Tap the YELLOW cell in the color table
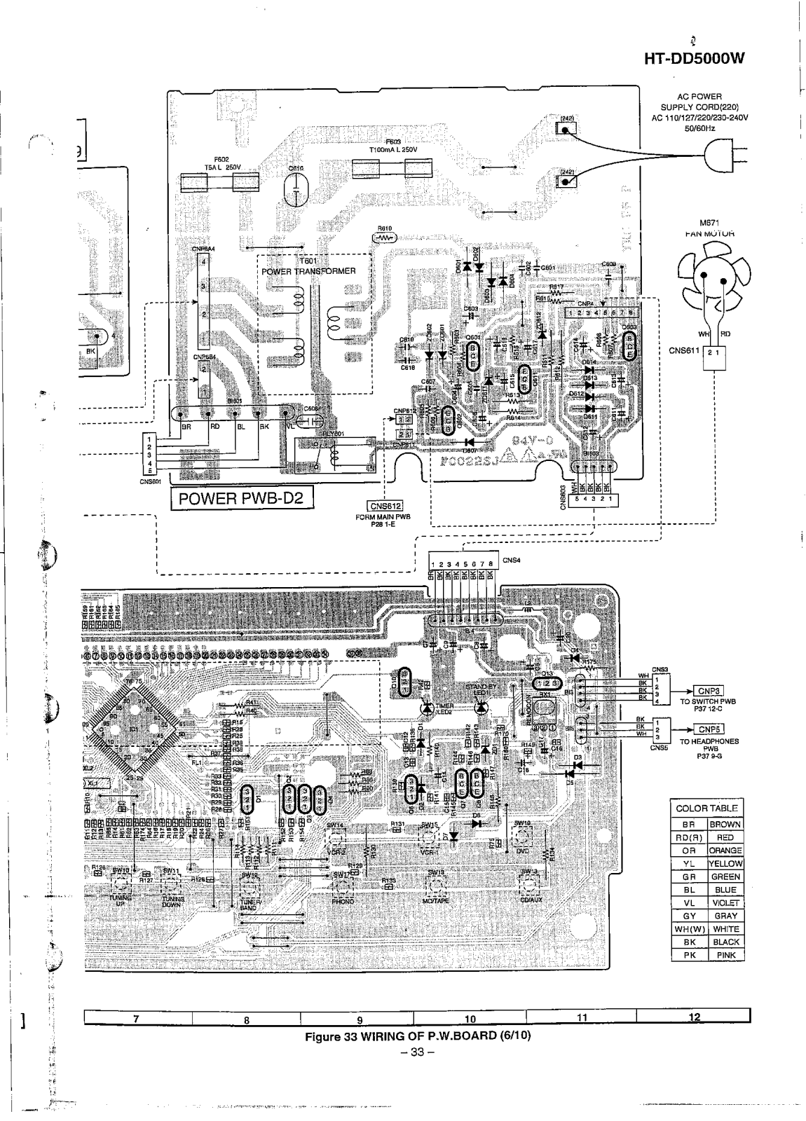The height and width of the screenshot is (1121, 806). [725, 864]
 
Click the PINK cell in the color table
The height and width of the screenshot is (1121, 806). [725, 954]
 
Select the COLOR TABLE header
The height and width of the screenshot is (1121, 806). [706, 808]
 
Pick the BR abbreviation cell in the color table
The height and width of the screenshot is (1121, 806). [688, 825]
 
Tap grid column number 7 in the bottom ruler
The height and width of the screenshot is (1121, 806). [136, 1018]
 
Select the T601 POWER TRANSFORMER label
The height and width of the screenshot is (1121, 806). [308, 266]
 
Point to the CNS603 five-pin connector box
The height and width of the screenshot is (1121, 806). [592, 500]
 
